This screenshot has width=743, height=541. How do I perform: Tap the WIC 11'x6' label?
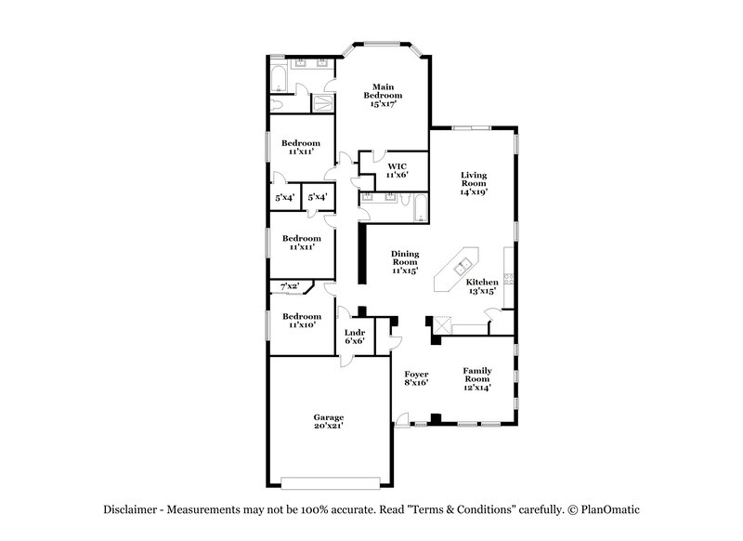coord(397,170)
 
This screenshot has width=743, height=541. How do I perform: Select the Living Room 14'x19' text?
coord(475,180)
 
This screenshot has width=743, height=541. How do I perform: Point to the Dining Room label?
coord(405,261)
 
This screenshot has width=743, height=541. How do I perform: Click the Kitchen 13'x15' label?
coord(482,286)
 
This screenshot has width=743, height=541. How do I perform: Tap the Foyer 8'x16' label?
coord(415,377)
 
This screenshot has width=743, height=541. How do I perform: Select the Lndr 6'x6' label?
coord(354,336)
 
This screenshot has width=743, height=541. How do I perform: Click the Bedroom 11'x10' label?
coord(302,320)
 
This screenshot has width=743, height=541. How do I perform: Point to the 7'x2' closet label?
coord(289,287)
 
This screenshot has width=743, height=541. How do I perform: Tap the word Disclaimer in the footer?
coord(128,510)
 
